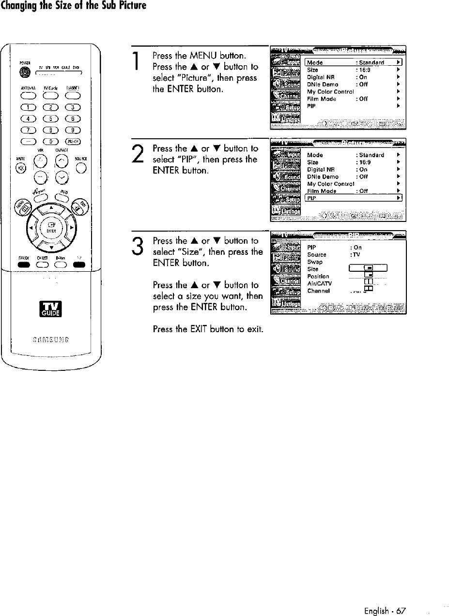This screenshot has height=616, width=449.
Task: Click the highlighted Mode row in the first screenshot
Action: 353,62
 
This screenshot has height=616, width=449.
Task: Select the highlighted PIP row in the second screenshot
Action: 353,198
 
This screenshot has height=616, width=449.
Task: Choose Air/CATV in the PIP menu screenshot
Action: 318,284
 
